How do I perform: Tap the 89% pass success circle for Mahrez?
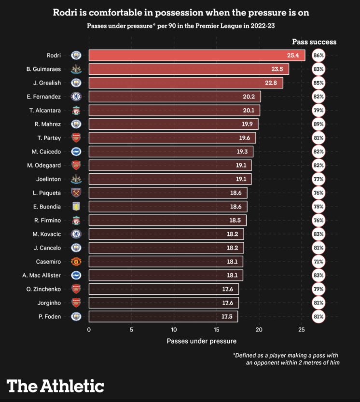pos(318,124)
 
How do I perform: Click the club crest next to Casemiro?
pos(76,262)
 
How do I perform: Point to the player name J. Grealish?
pos(47,83)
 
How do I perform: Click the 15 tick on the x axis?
pos(216,330)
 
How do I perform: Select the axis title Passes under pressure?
pos(202,341)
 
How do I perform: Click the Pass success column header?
pos(314,42)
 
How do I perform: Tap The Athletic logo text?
pos(55,386)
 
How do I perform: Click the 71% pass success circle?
pos(318,262)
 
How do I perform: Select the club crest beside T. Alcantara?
pos(76,110)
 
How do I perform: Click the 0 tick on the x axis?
pos(89,330)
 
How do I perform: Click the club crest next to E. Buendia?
pos(76,207)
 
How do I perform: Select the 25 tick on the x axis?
pos(301,330)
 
